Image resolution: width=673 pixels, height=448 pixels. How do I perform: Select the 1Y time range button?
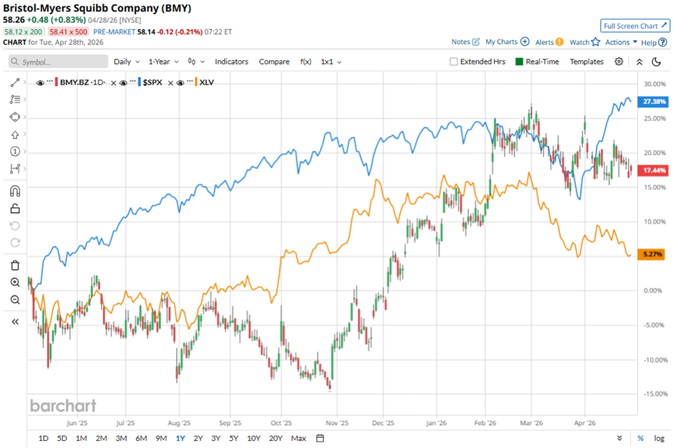(180, 438)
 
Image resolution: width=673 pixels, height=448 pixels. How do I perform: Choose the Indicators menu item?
(231, 62)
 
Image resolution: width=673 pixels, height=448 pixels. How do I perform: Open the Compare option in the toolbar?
(274, 62)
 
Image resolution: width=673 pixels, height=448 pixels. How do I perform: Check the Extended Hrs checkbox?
(454, 62)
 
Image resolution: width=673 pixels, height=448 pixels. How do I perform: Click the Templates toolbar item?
(586, 62)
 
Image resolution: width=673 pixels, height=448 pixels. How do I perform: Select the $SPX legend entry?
(150, 83)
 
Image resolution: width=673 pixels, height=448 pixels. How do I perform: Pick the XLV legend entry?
(207, 83)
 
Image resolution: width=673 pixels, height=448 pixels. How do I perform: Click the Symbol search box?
(57, 62)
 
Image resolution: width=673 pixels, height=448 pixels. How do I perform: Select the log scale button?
(658, 438)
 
